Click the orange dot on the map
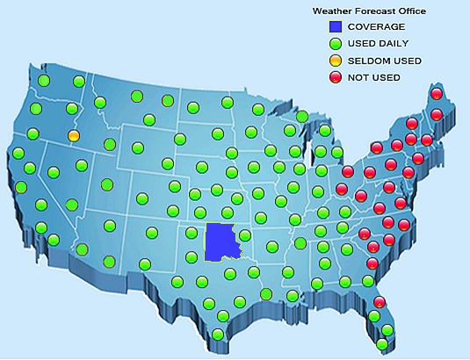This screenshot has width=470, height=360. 74,136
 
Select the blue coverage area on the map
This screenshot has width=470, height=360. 220,241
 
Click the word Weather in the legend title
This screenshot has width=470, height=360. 330,11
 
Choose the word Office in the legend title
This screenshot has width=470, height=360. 411,11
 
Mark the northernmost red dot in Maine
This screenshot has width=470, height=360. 437,94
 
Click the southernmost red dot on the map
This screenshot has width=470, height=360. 380,302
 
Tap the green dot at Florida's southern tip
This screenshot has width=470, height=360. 381,344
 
